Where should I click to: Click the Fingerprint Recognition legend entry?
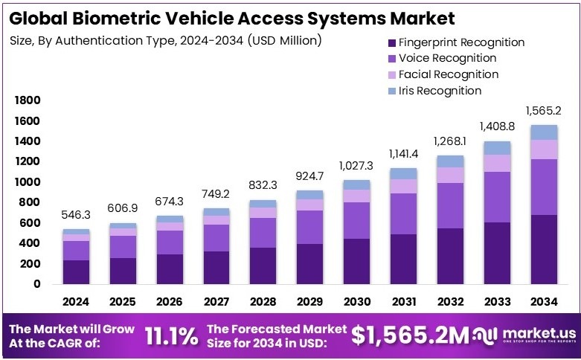[x=461, y=42]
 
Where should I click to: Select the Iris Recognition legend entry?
[x=440, y=90]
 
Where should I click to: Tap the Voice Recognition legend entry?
[x=447, y=58]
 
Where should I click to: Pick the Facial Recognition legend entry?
[x=448, y=74]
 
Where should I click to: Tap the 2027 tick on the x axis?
[x=216, y=302]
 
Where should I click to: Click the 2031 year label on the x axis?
[x=404, y=302]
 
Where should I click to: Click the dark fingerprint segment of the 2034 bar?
[x=545, y=249]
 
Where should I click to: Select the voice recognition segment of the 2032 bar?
[x=451, y=205]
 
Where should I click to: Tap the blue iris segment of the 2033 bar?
[x=498, y=147]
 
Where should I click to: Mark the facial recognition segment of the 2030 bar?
[x=356, y=195]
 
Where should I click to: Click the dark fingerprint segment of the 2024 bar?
[x=75, y=271]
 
